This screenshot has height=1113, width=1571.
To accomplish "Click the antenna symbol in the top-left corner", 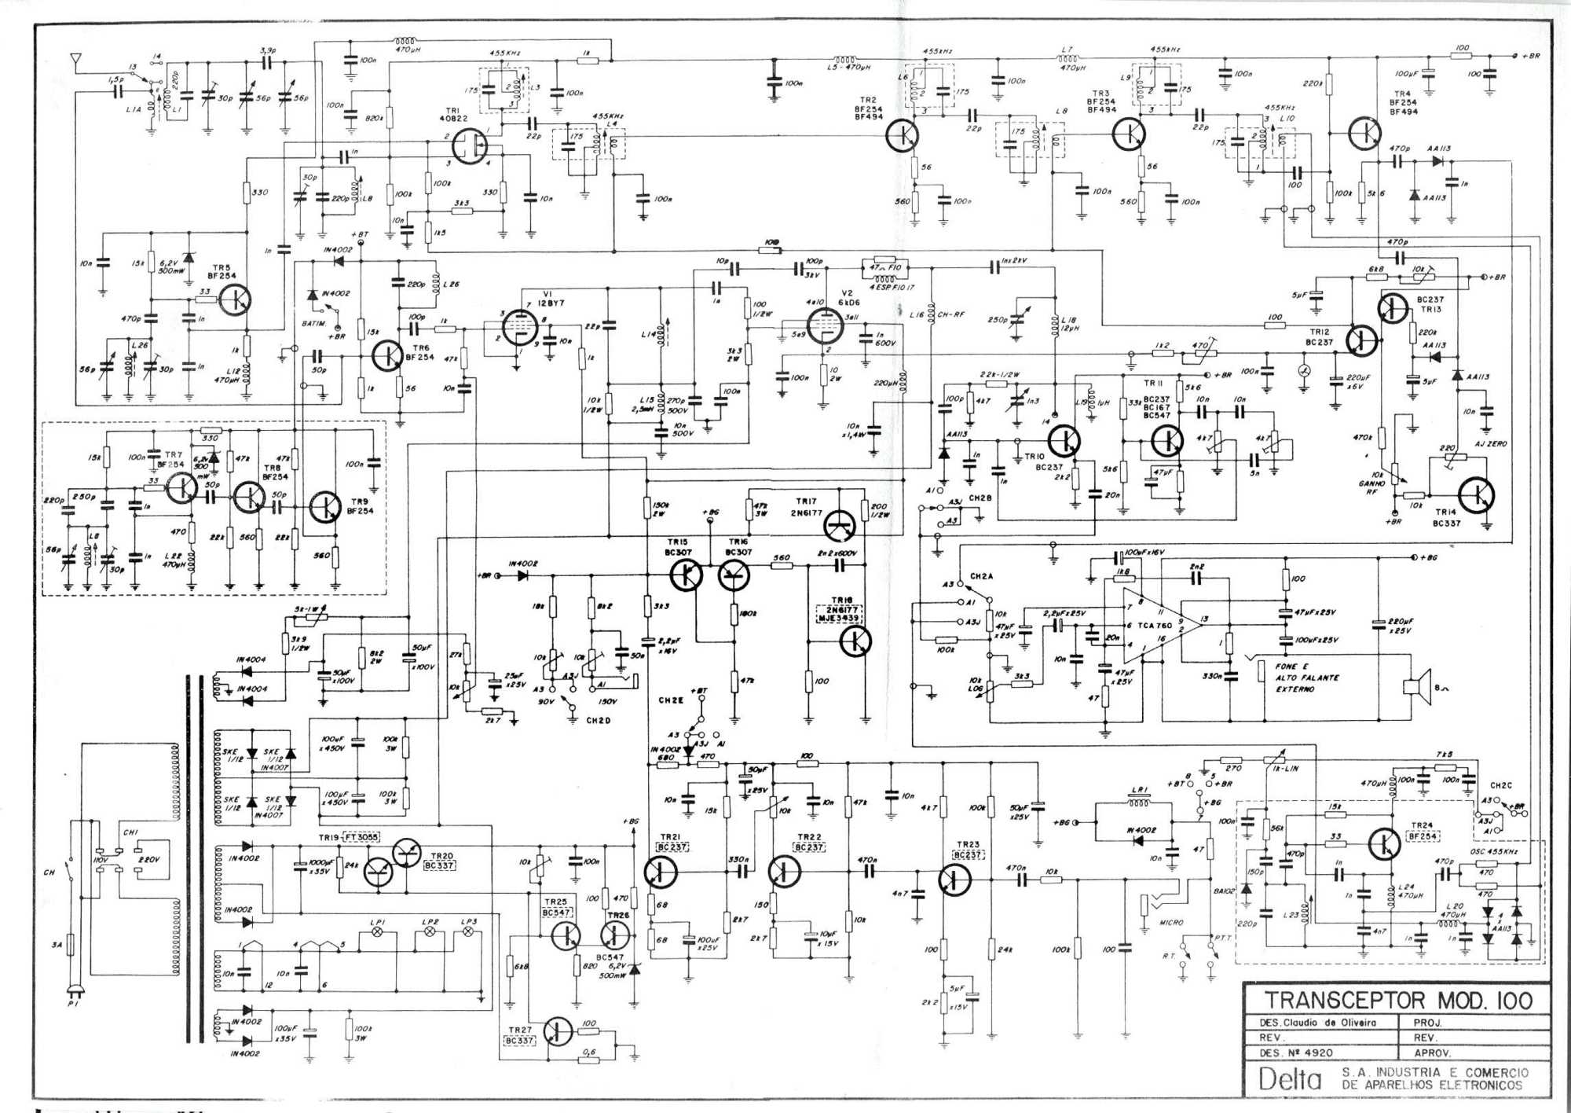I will click(75, 60).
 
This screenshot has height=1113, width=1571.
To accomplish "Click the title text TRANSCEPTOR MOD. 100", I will click(1398, 1000).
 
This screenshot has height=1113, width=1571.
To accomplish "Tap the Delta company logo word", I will click(1290, 1078).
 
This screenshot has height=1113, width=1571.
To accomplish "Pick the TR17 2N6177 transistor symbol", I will click(840, 524).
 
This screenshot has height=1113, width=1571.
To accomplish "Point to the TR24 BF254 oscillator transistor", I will click(1384, 844).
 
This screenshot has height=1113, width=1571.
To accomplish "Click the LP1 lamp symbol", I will click(376, 932).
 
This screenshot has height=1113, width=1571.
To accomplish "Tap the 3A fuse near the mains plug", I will click(71, 944).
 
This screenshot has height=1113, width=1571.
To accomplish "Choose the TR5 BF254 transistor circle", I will click(235, 299).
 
